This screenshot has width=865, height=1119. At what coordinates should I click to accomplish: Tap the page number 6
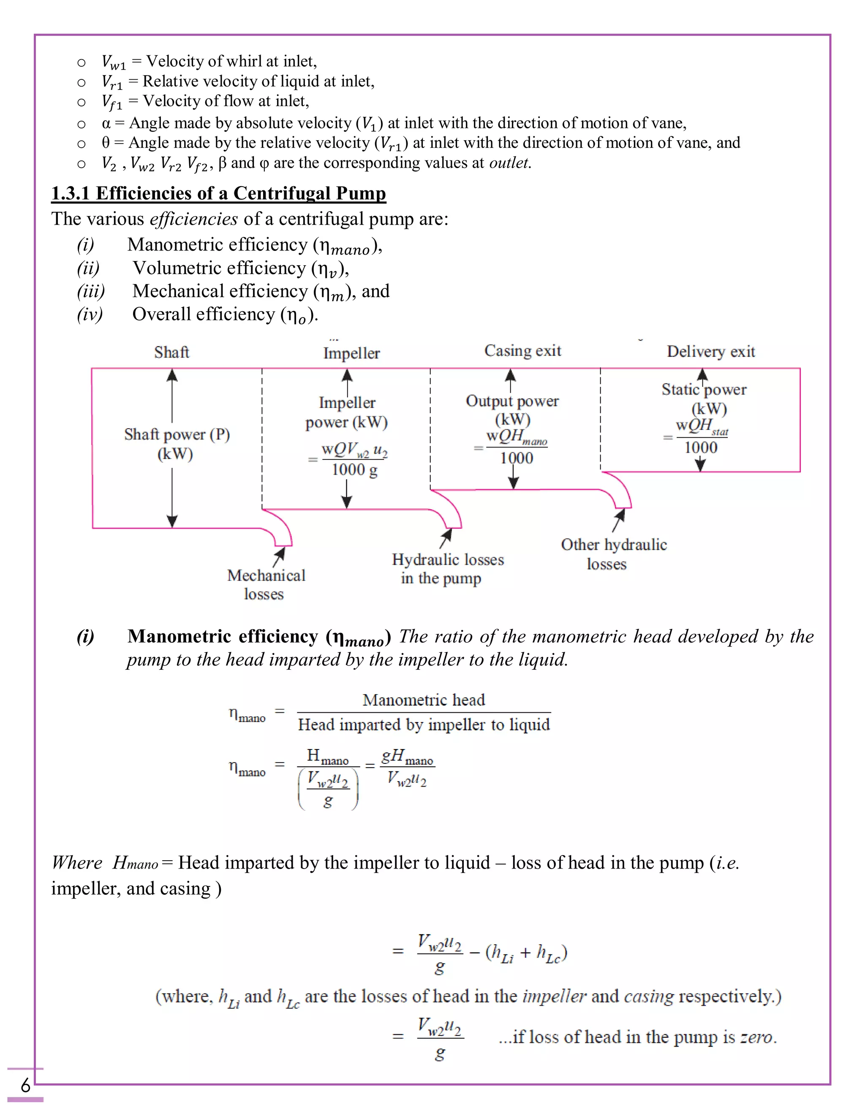tap(25, 1085)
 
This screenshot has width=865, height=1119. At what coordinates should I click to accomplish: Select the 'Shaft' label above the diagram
tap(171, 353)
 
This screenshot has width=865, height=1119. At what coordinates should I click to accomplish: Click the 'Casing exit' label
tap(523, 351)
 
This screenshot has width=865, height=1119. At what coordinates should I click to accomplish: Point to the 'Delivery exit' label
tap(711, 351)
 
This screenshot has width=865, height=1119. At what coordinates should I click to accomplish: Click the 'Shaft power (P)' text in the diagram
tap(177, 435)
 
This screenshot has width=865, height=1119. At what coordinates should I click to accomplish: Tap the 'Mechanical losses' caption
tap(266, 584)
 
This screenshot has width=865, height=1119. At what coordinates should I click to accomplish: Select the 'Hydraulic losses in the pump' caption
tap(447, 569)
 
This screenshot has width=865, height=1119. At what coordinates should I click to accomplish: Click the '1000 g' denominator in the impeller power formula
tap(354, 470)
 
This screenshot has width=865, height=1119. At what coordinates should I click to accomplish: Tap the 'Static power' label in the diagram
tap(704, 390)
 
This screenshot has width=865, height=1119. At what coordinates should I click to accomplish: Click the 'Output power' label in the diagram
tap(512, 401)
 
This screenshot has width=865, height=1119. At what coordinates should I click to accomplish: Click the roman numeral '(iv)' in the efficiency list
tap(90, 314)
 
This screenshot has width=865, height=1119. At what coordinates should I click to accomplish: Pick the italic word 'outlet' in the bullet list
tap(509, 163)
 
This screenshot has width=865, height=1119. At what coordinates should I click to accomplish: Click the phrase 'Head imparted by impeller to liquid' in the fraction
tap(424, 725)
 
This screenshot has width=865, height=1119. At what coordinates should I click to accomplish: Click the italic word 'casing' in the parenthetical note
tap(648, 996)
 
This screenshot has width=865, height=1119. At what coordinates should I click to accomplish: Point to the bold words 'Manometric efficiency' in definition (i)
tap(223, 636)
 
